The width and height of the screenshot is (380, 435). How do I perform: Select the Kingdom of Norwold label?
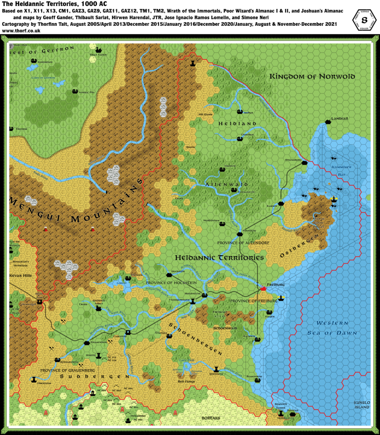click(312, 76)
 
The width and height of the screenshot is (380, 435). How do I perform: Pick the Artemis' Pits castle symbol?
click(75, 91)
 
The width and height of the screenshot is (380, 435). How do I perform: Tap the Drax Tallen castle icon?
click(99, 50)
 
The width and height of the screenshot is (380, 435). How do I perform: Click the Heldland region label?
click(237, 124)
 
